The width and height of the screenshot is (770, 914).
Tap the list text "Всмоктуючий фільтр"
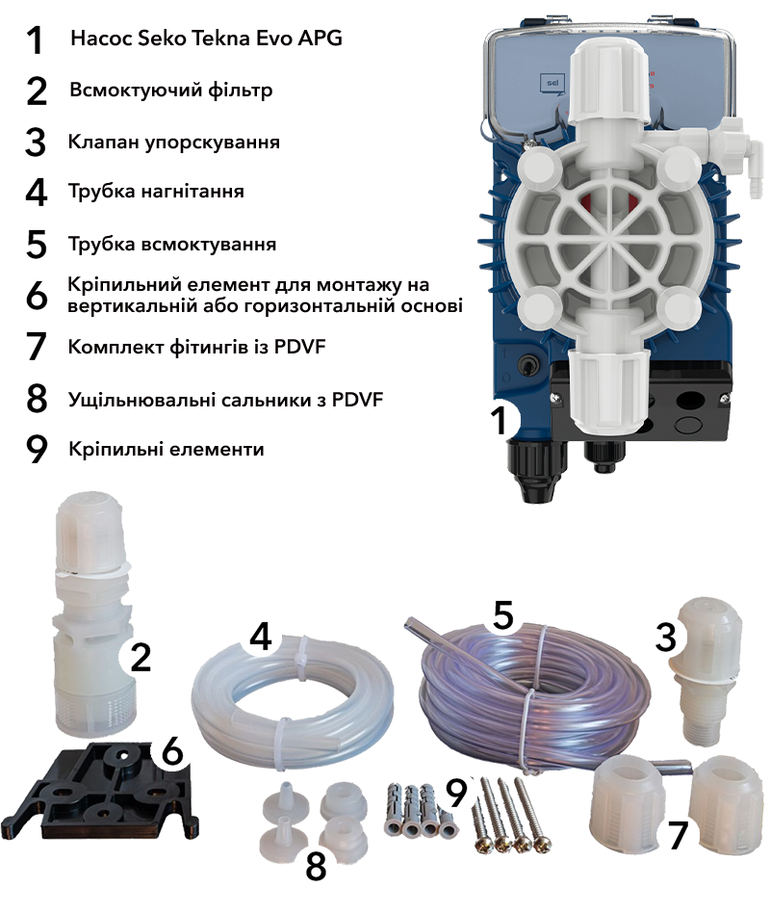(x=171, y=91)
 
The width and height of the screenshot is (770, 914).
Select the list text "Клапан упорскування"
(x=173, y=143)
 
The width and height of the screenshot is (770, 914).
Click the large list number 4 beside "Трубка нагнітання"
(x=37, y=193)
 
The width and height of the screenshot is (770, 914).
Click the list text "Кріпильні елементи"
(x=166, y=450)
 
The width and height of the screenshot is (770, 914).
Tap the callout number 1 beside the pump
(x=499, y=420)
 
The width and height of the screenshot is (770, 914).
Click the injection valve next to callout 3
(x=705, y=671)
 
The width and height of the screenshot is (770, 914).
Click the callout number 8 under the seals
(x=316, y=868)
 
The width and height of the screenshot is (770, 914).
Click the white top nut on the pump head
(x=608, y=82)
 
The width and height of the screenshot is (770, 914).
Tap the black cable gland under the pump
(x=536, y=470)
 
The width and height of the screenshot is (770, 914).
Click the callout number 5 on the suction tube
(x=503, y=616)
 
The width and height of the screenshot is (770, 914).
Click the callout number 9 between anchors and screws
(x=456, y=794)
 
